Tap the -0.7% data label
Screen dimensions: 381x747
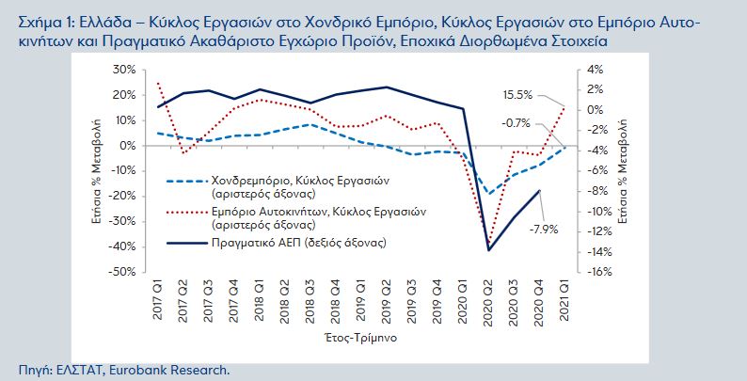(x=516, y=122)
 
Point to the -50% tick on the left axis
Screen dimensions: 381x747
(x=121, y=272)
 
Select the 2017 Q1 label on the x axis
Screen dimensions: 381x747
(x=157, y=300)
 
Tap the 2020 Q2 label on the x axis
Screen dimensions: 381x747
(x=489, y=300)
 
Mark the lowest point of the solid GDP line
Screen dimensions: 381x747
(x=489, y=250)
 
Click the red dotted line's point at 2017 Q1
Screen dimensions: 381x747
(x=157, y=83)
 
